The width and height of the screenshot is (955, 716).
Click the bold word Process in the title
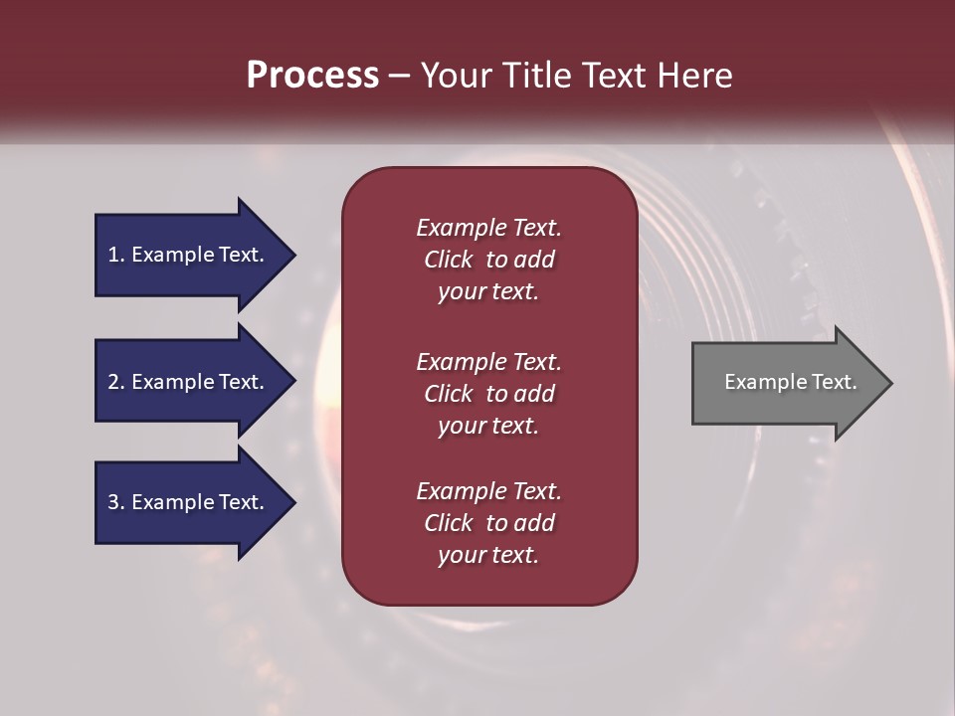[312, 76]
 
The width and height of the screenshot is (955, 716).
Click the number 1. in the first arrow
[116, 255]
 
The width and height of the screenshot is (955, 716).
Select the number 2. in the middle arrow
[116, 382]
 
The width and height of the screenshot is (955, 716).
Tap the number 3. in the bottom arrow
[116, 502]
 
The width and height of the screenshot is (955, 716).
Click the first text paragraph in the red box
[488, 260]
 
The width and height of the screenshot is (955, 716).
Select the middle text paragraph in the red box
[488, 394]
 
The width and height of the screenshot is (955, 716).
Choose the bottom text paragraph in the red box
[488, 523]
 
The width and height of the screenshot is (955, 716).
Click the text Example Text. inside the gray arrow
[790, 382]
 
